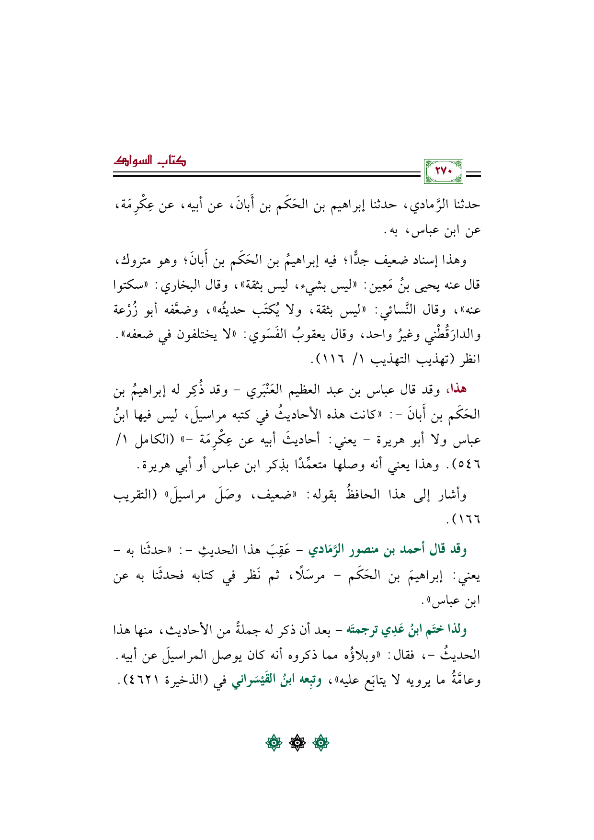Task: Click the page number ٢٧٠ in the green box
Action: pos(443,171)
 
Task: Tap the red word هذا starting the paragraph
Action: pos(456,389)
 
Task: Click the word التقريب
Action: pos(133,494)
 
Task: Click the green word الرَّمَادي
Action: pos(330,550)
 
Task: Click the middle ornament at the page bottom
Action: pos(297,744)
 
